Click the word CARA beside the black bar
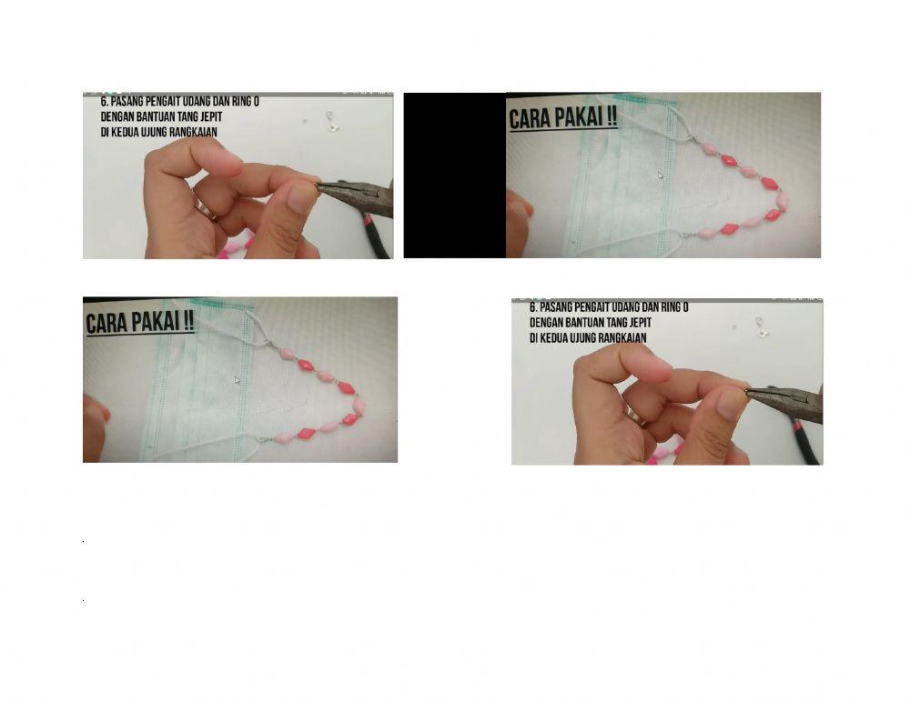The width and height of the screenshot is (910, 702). click(530, 119)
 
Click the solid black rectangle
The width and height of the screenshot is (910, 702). click(455, 175)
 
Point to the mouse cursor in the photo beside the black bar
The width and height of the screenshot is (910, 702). click(661, 175)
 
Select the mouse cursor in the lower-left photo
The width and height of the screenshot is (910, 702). click(237, 380)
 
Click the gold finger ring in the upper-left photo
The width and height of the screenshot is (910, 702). click(205, 208)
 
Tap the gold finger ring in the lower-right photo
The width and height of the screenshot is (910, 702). click(633, 415)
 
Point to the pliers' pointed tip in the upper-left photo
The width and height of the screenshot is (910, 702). click(318, 186)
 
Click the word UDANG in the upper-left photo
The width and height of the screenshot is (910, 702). click(198, 102)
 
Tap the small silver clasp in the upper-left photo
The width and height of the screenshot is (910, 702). click(331, 122)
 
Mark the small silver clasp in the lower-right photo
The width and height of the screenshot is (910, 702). click(761, 327)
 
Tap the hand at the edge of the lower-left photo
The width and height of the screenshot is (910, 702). click(95, 427)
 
